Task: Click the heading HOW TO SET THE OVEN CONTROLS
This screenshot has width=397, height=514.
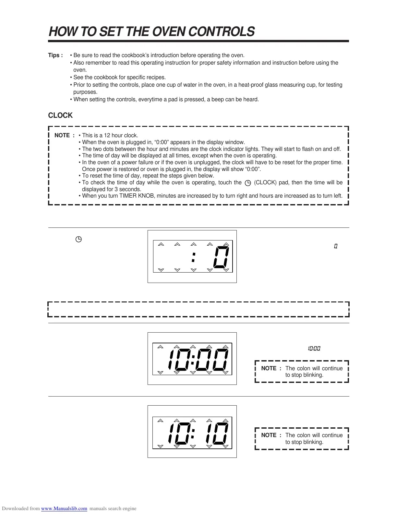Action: pos(151,32)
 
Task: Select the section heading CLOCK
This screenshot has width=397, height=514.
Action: pos(60,116)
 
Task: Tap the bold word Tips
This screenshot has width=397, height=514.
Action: pos(54,55)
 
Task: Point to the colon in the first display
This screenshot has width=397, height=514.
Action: pos(193,258)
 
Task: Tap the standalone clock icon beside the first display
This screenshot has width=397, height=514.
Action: pos(78,240)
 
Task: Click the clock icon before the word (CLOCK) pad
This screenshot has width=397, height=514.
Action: pos(248,183)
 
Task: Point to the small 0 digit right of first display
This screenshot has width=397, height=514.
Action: pos(336,246)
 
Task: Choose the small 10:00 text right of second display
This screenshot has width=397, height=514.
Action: pos(314,349)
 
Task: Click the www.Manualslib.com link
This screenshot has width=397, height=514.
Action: pos(64,508)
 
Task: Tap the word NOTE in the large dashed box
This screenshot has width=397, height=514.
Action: pos(62,135)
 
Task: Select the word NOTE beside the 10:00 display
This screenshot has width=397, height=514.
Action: pos(269,368)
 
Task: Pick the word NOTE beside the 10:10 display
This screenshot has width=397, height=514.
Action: pos(269,435)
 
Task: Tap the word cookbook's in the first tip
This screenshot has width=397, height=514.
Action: pos(135,55)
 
